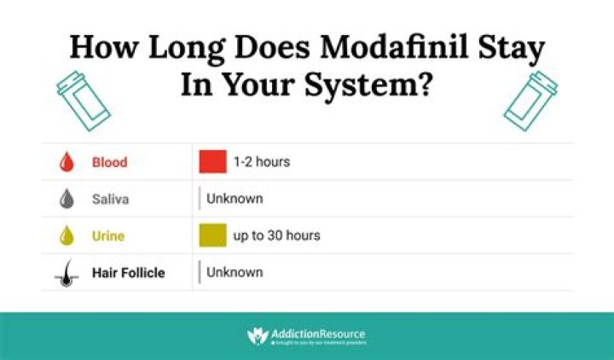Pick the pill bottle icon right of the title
pyautogui.click(x=530, y=99)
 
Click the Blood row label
pyautogui.click(x=110, y=162)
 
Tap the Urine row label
pyautogui.click(x=109, y=235)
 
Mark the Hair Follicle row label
pyautogui.click(x=129, y=273)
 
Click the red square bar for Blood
pyautogui.click(x=212, y=161)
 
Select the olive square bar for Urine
pyautogui.click(x=212, y=235)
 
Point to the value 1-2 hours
pyautogui.click(x=262, y=161)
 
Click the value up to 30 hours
pyautogui.click(x=276, y=235)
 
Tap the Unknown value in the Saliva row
pyautogui.click(x=235, y=199)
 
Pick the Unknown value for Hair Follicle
pyautogui.click(x=235, y=273)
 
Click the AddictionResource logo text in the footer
pyautogui.click(x=319, y=332)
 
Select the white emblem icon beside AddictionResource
pyautogui.click(x=258, y=335)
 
